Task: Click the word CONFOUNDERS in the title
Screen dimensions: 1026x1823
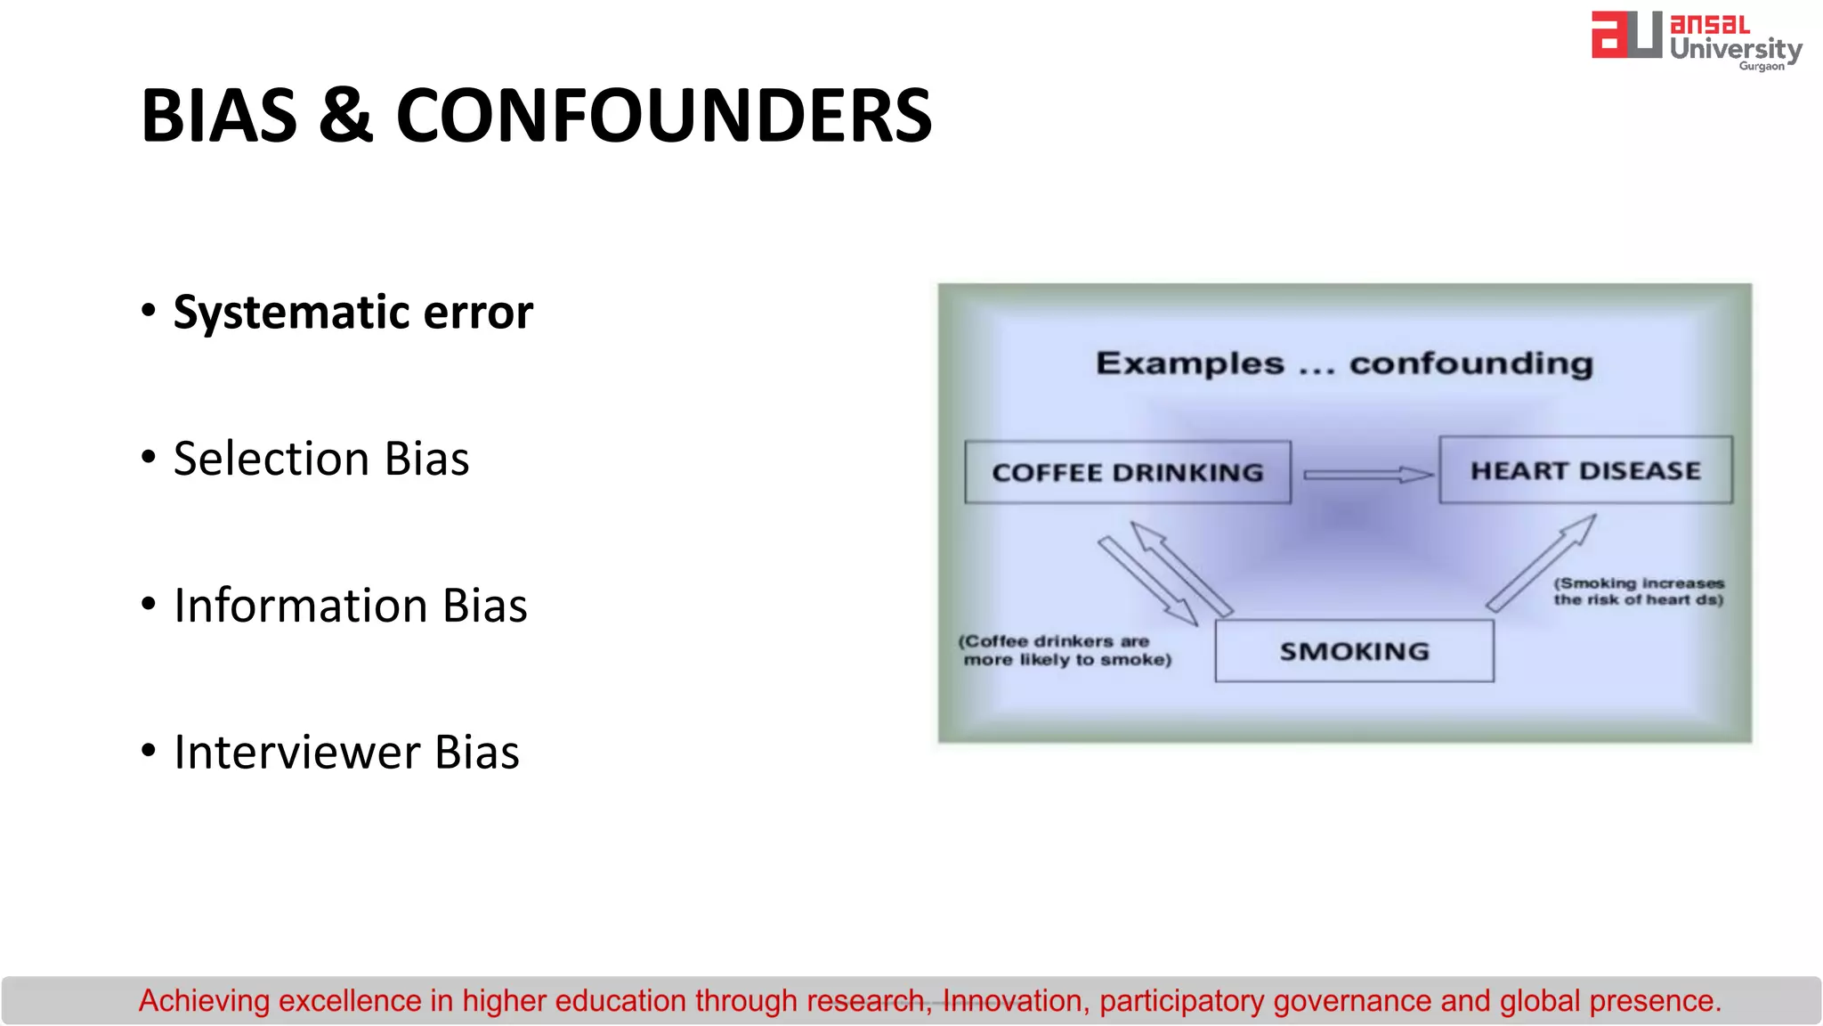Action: point(663,116)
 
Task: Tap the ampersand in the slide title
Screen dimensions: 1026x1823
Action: point(345,116)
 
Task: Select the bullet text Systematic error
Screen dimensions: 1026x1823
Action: point(352,312)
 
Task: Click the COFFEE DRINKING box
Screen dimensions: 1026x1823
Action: point(1127,472)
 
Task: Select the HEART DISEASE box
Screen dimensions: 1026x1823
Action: point(1585,470)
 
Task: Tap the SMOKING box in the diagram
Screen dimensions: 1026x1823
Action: point(1354,651)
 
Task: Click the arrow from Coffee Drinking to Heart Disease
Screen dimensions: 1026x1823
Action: point(1367,475)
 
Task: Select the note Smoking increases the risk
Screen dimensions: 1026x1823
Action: point(1639,591)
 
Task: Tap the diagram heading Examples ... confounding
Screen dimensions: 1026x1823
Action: point(1344,363)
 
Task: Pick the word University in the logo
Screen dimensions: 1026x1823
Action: point(1735,48)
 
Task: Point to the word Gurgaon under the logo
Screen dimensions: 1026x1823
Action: point(1762,67)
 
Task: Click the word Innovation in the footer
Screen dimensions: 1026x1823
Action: point(1012,1001)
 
